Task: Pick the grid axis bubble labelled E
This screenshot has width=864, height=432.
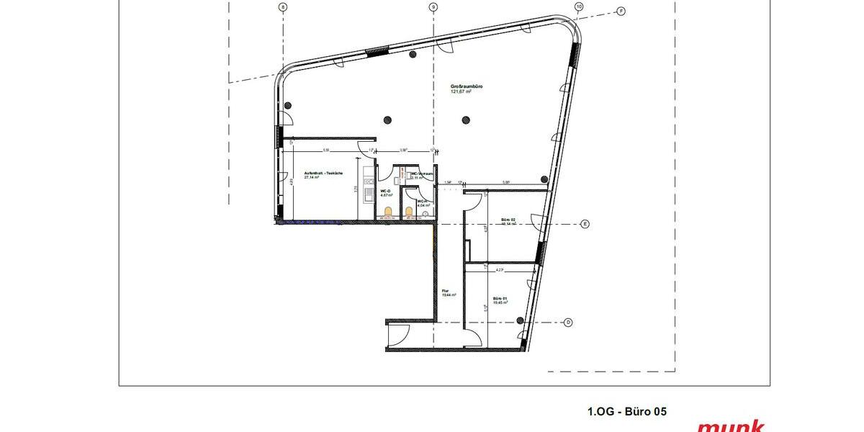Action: tap(585, 225)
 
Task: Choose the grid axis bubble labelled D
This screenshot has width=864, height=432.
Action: tap(568, 322)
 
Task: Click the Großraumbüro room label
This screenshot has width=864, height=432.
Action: tap(461, 86)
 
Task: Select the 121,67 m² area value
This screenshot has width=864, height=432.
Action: tap(461, 92)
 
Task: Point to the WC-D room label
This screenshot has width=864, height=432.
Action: tap(384, 190)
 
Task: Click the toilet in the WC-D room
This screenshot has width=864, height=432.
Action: tap(388, 211)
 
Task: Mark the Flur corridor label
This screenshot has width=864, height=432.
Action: tap(446, 292)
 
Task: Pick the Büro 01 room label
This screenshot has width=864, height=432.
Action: tap(500, 298)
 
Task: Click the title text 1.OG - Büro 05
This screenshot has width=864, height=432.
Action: tap(626, 412)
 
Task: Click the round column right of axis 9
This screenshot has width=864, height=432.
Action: tap(467, 120)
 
